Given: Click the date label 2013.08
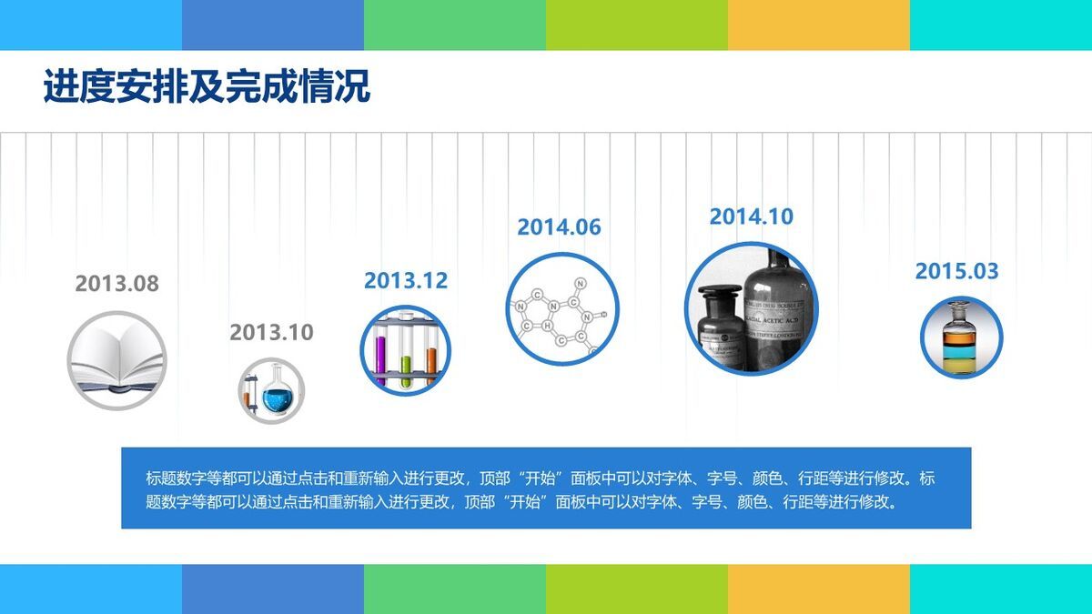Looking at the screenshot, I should [116, 284].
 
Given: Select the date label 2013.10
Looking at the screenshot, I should [271, 333].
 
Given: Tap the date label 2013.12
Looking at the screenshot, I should [406, 281].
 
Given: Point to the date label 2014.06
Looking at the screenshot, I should [559, 227].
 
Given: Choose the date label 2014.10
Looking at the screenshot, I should [751, 216].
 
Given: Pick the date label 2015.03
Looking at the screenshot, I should [956, 271].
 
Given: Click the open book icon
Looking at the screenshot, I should [116, 361].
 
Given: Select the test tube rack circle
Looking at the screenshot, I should [406, 350].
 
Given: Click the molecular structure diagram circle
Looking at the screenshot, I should [561, 310].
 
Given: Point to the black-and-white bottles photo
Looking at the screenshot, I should [751, 309].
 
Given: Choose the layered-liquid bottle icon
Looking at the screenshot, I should [960, 337].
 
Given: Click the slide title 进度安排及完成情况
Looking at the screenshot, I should [207, 87].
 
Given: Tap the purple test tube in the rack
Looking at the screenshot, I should [380, 353].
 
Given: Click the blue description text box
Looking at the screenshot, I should [546, 488].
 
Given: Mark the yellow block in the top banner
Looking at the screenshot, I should [818, 25].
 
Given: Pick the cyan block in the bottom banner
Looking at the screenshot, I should [1000, 589].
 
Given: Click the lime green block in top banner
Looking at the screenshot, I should [636, 25].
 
